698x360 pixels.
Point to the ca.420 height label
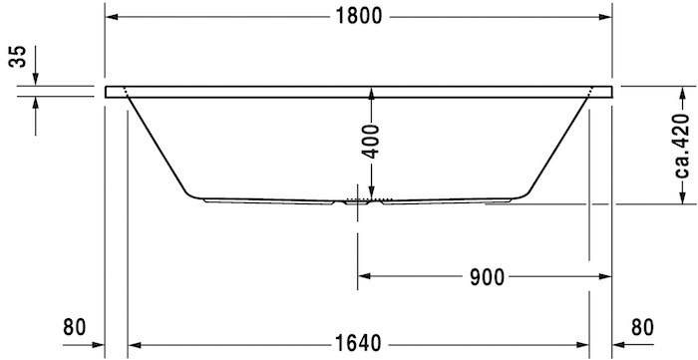pyautogui.click(x=682, y=145)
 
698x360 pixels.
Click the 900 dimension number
pyautogui.click(x=485, y=274)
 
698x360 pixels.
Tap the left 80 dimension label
pyautogui.click(x=74, y=326)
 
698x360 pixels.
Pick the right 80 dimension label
pyautogui.click(x=644, y=326)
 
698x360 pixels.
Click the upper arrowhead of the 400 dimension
pyautogui.click(x=371, y=93)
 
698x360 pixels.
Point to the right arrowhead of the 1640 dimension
pyautogui.click(x=582, y=343)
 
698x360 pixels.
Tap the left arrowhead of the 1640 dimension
pyautogui.click(x=134, y=343)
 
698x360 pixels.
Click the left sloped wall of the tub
pyautogui.click(x=157, y=144)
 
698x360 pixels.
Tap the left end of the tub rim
pyautogui.click(x=109, y=91)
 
